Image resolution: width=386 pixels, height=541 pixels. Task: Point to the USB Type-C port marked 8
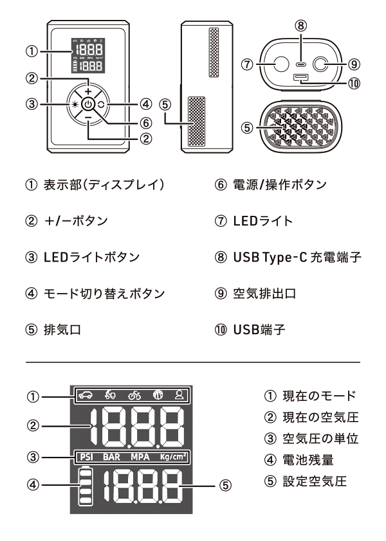click(301, 64)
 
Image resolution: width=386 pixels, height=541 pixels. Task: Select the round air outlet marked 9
click(321, 64)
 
